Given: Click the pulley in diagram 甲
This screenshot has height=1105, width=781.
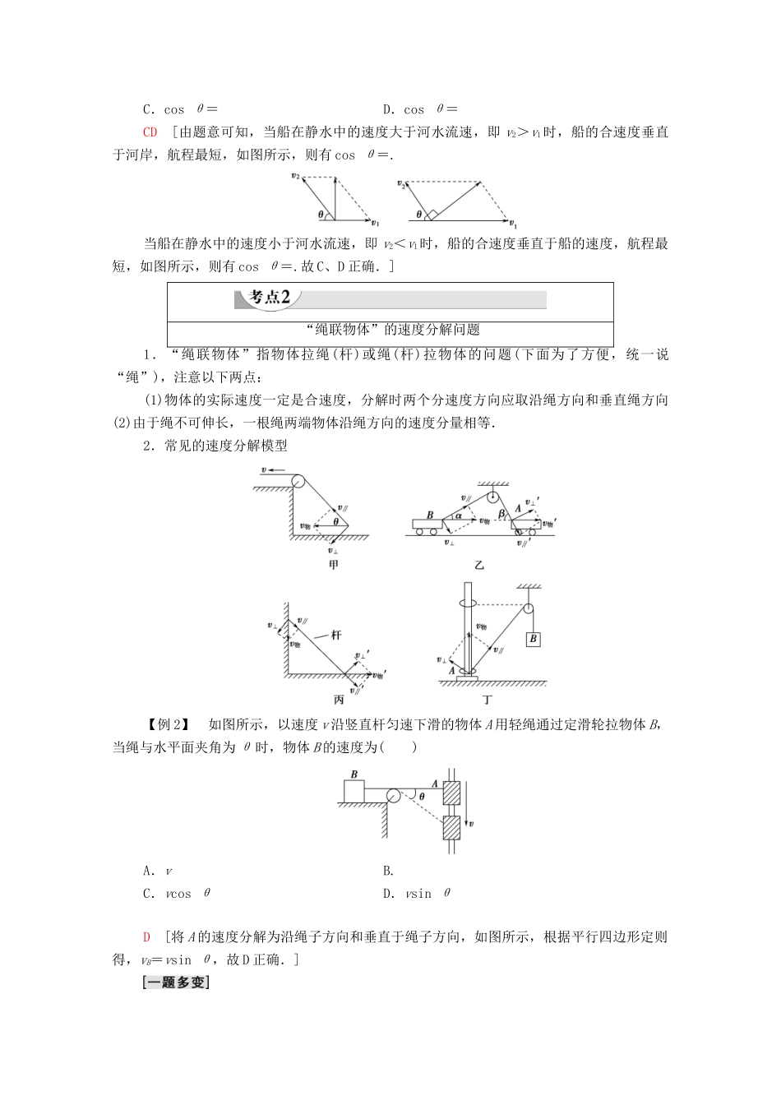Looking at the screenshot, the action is (x=295, y=482).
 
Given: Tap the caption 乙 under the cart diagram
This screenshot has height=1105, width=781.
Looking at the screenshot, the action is (x=479, y=565).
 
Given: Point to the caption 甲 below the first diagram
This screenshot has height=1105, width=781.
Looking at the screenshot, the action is (x=333, y=565).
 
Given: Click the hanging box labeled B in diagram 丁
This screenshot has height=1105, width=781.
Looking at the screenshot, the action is (x=534, y=638).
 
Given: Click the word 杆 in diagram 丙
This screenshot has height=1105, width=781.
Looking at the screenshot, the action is (x=335, y=635).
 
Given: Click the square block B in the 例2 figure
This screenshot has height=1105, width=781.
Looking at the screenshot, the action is (x=354, y=792).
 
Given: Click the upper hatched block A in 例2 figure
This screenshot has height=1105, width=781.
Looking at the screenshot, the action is (x=451, y=793).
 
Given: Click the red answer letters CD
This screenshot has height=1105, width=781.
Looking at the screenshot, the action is (x=150, y=132).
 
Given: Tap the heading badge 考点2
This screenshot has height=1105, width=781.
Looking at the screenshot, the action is (x=270, y=297).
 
